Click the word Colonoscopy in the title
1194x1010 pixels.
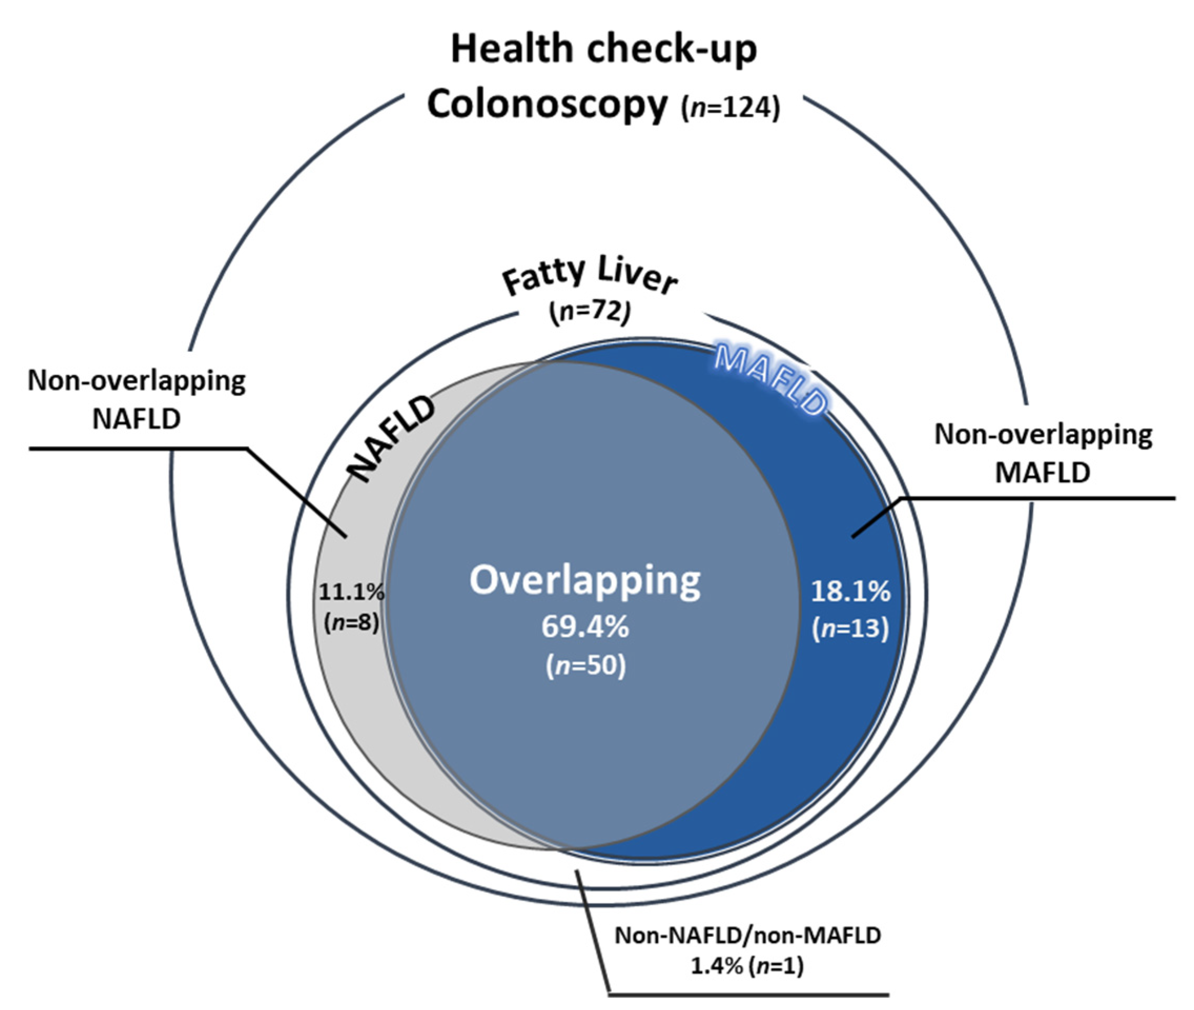(547, 105)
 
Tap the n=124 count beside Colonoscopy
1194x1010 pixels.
(730, 108)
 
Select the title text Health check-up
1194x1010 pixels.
(604, 49)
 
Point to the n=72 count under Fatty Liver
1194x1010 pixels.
(589, 313)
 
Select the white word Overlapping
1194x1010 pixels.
(585, 580)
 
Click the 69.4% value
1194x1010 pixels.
(585, 627)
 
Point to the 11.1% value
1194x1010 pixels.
(351, 592)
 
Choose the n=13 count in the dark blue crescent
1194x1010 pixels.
(850, 628)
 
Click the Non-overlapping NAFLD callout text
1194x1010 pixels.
(137, 400)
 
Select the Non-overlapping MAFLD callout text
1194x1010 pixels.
(1043, 453)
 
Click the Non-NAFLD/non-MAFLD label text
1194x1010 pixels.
(747, 935)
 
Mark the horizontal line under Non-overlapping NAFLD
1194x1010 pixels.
(137, 448)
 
